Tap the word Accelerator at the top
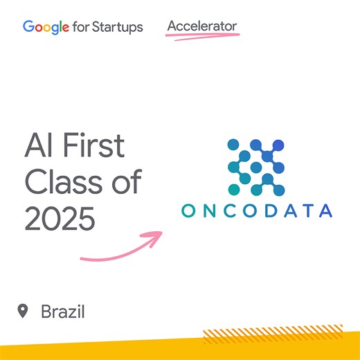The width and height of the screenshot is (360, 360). [202, 26]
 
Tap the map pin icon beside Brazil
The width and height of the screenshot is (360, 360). [24, 311]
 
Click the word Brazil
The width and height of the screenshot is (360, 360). [62, 312]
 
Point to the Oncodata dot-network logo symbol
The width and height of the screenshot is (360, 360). [255, 166]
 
